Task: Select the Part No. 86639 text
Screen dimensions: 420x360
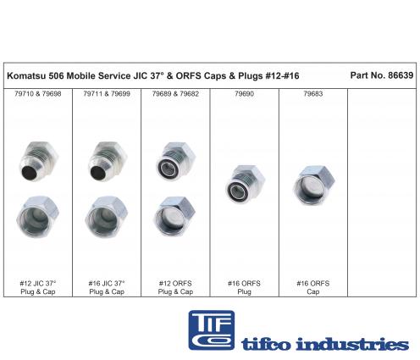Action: tap(382, 75)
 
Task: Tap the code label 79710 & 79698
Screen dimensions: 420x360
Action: tap(38, 94)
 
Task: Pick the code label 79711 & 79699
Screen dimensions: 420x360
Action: tap(107, 94)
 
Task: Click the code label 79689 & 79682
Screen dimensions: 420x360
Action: tap(175, 94)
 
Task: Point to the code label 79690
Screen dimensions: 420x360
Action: tap(245, 94)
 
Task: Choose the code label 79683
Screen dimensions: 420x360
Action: tap(313, 94)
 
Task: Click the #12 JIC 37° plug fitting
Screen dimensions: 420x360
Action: tap(39, 161)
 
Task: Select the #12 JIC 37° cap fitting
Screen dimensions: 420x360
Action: tap(38, 217)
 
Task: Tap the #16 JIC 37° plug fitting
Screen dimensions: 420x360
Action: tap(108, 161)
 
